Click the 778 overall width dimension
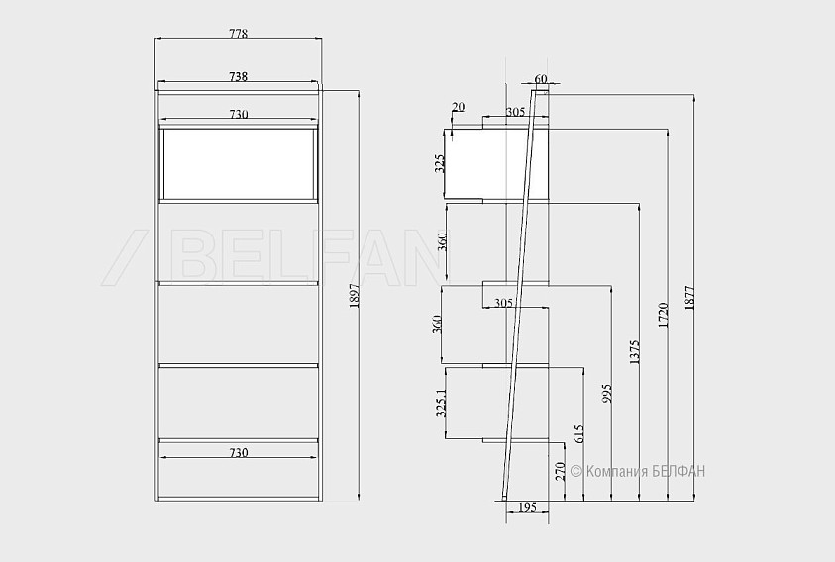(x=238, y=33)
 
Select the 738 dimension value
(x=238, y=76)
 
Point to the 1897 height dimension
(x=355, y=296)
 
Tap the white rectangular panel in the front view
(x=239, y=163)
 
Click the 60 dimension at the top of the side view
(x=541, y=79)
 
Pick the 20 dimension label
(x=458, y=107)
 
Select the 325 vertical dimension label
(x=440, y=164)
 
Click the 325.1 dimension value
(x=441, y=403)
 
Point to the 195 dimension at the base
(x=527, y=507)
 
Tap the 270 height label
(x=560, y=472)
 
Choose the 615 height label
(x=579, y=433)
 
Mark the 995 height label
(x=607, y=393)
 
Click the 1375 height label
(x=634, y=352)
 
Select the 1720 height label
(x=663, y=315)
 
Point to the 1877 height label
(x=689, y=298)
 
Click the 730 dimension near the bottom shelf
(x=238, y=453)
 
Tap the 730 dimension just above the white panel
(x=238, y=115)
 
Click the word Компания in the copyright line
(x=617, y=472)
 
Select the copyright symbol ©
(x=576, y=471)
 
